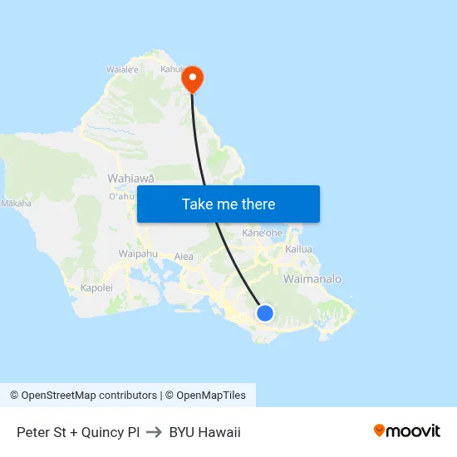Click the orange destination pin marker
tap(192, 79)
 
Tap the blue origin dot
tap(265, 312)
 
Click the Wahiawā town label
tap(130, 178)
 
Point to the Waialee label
tap(121, 70)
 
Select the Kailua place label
tap(298, 248)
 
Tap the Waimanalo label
tap(312, 279)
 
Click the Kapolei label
tap(96, 287)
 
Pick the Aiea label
tap(184, 257)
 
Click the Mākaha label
tap(16, 203)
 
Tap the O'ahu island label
tap(121, 196)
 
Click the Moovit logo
tap(407, 431)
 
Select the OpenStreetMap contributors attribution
tap(83, 396)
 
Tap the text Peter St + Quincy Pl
tap(78, 432)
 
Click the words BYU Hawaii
tap(204, 432)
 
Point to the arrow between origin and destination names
tap(155, 432)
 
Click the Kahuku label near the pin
tap(171, 70)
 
